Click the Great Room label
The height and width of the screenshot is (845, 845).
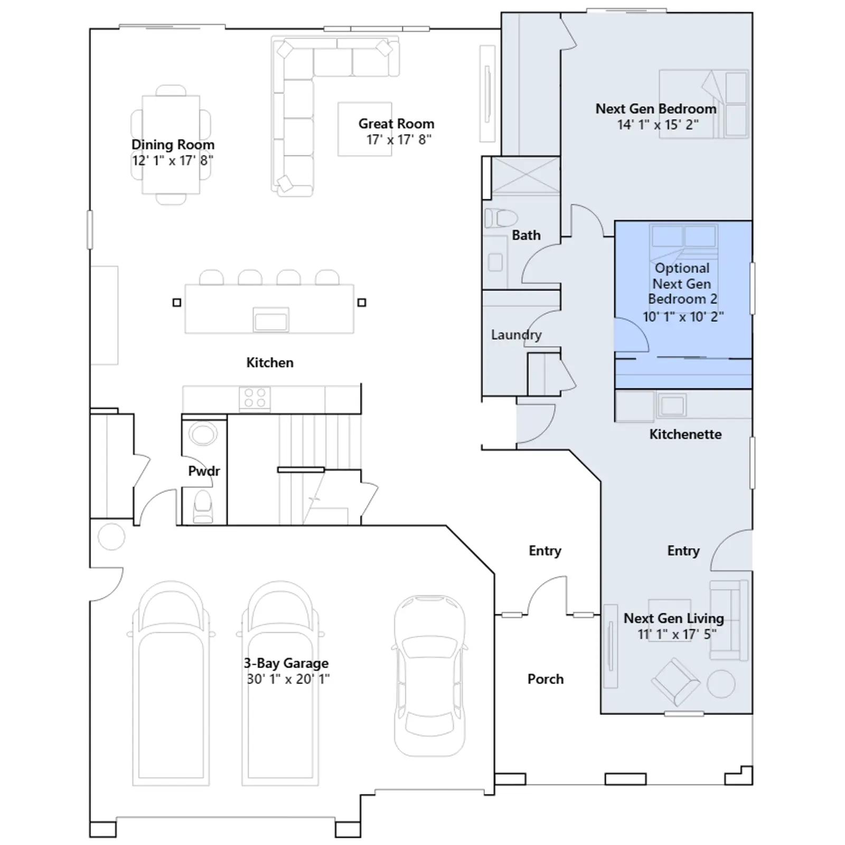[x=396, y=124]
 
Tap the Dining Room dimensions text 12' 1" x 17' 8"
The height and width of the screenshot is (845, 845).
[x=173, y=161]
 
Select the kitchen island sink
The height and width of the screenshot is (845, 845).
[x=271, y=320]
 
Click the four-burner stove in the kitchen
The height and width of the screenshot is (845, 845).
[x=255, y=399]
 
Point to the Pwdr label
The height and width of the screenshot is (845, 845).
[x=204, y=471]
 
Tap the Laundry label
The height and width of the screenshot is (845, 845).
[x=516, y=335]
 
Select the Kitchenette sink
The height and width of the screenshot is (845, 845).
[x=672, y=406]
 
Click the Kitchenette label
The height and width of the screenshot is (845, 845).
[x=686, y=434]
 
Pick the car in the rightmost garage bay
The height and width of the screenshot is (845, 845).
[x=430, y=677]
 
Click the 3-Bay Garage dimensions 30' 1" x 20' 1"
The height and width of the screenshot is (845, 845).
[x=288, y=679]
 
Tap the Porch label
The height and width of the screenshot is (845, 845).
[x=546, y=679]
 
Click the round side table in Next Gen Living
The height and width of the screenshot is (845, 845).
[x=720, y=684]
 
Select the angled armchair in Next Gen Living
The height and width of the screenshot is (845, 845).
[x=675, y=681]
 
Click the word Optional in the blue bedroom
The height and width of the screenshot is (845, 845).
[x=682, y=268]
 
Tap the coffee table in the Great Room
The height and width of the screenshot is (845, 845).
[x=365, y=129]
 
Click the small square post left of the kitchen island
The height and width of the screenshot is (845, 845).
[x=177, y=303]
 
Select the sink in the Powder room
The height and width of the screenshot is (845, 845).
[x=203, y=435]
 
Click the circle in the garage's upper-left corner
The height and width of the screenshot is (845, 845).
[x=111, y=537]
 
